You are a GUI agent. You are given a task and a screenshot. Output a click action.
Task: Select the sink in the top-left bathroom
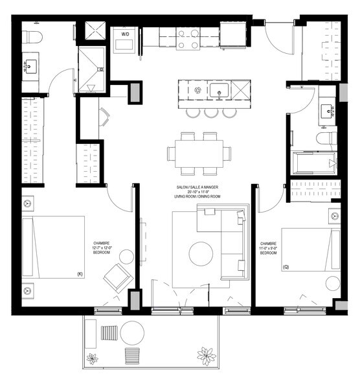(x=31, y=67)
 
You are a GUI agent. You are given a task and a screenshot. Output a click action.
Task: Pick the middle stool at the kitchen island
(x=211, y=113)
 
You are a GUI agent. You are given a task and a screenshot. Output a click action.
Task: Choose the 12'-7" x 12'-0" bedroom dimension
(x=103, y=247)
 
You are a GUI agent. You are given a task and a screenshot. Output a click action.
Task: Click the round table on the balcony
(x=133, y=333)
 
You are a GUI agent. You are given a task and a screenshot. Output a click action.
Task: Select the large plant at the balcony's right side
(x=207, y=356)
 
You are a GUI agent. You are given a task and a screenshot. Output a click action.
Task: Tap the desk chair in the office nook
(x=104, y=118)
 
